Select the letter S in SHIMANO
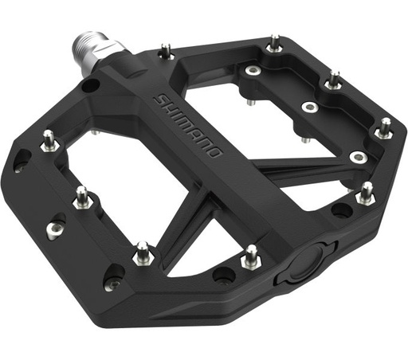click(159, 97)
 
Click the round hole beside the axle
click(92, 84)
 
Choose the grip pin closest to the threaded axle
click(166, 51)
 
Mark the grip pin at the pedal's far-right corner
click(385, 127)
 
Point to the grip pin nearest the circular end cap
click(250, 256)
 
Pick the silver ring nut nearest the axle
click(253, 72)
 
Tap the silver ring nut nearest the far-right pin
click(358, 156)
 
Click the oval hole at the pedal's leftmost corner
click(22, 162)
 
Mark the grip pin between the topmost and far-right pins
click(334, 80)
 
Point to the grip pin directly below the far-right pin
click(366, 192)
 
